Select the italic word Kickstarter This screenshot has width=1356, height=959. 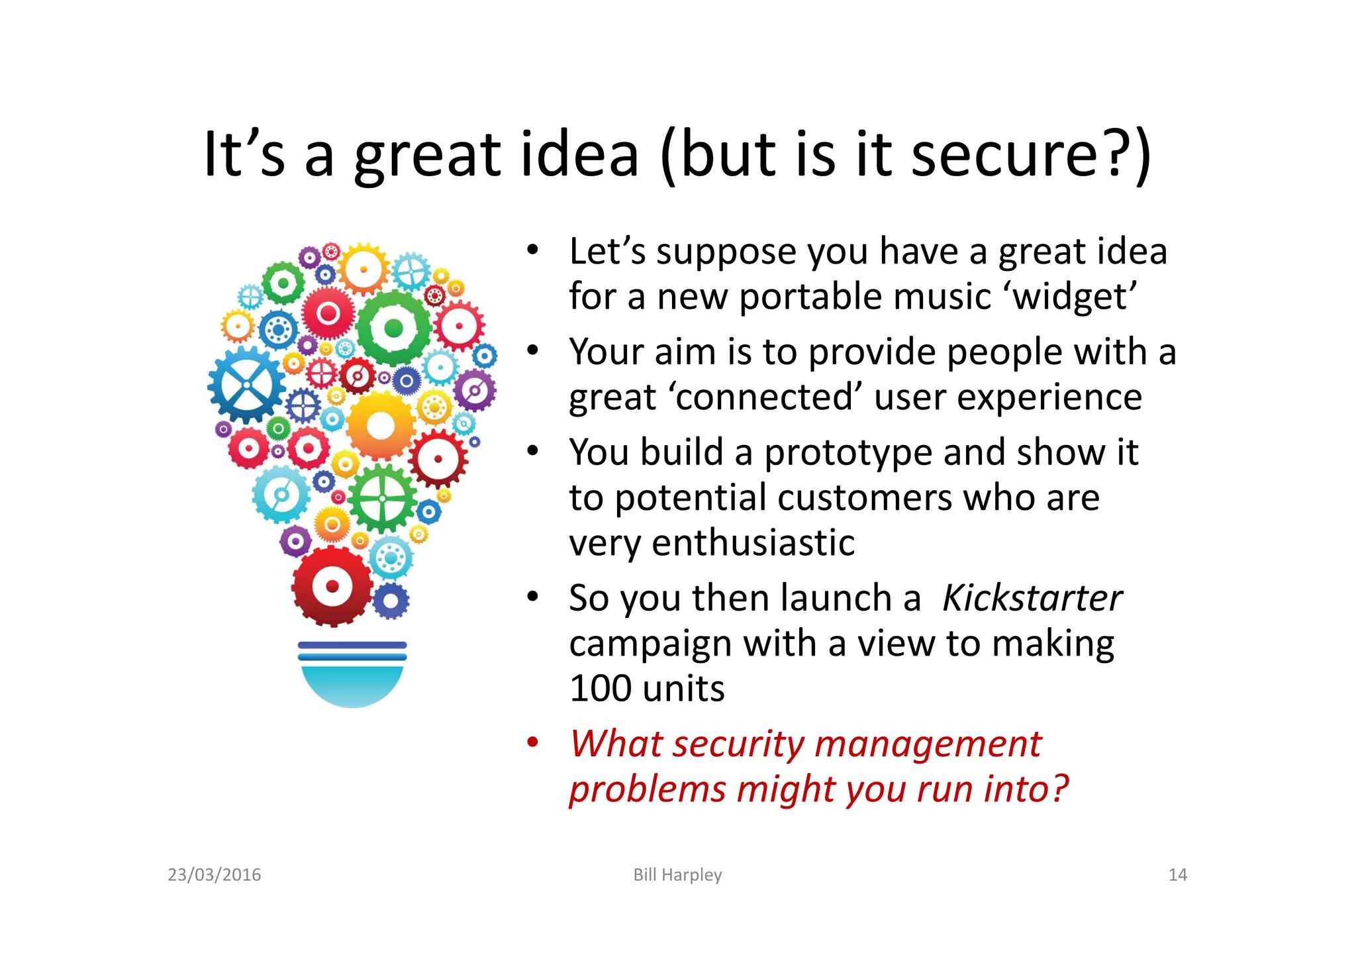1032,598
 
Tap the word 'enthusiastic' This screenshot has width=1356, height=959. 753,543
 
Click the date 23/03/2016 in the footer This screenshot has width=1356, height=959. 215,875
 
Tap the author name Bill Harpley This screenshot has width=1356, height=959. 677,875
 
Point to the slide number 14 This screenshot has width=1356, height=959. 1177,875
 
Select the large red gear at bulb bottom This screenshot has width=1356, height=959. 332,586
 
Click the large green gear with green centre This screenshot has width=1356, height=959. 394,328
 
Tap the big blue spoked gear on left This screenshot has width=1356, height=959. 246,385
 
